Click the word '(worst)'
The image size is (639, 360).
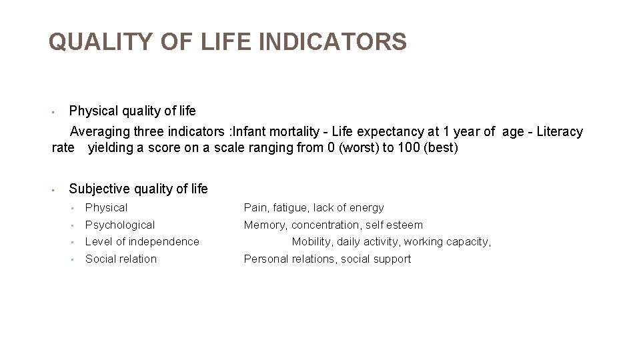pos(359,148)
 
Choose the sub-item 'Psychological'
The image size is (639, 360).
pos(120,225)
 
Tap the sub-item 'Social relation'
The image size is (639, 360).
pos(121,259)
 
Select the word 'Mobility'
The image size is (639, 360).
pos(312,242)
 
